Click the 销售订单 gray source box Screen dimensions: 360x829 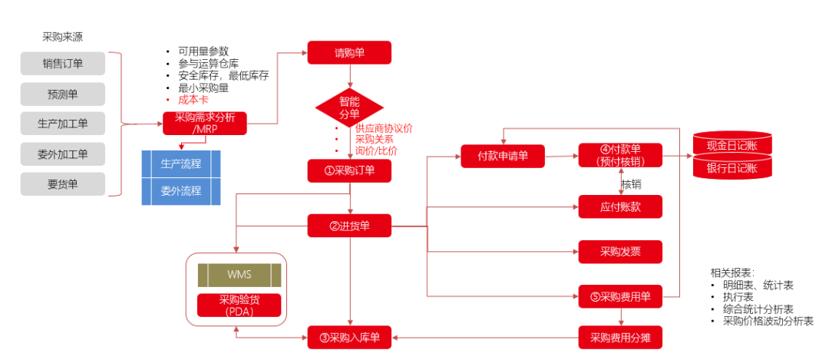tap(62, 64)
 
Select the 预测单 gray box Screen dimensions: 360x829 tap(62, 94)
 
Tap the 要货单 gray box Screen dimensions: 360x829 tap(62, 183)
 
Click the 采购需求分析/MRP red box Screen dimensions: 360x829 tap(204, 123)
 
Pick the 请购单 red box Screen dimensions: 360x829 tap(349, 53)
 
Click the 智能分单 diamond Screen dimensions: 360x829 tap(349, 108)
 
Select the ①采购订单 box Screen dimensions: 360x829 tap(349, 170)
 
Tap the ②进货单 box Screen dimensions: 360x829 tap(349, 226)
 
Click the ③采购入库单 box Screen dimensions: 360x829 tap(349, 336)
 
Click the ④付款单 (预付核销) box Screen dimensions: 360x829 tap(620, 156)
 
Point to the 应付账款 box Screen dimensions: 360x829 tap(620, 206)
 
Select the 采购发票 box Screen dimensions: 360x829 tap(620, 251)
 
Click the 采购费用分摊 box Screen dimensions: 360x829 tap(620, 336)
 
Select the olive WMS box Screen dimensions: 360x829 tap(239, 275)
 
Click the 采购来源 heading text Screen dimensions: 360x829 tap(62, 37)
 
